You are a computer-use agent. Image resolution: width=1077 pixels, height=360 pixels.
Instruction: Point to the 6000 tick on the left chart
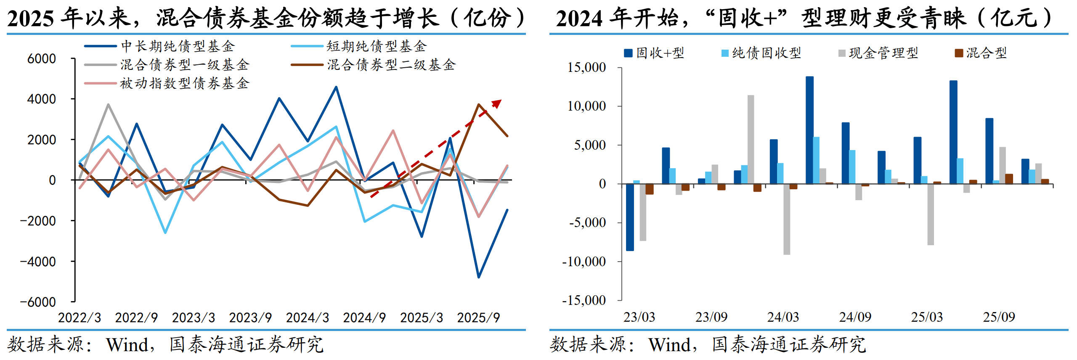pos(41,59)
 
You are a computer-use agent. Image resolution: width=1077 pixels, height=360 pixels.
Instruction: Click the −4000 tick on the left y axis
pos(38,262)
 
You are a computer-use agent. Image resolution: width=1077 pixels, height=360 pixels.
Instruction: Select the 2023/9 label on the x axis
pos(250,318)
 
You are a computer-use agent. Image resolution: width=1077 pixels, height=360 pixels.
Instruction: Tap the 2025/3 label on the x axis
pos(422,318)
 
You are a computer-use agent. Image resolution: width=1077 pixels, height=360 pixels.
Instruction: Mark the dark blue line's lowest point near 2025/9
pos(479,277)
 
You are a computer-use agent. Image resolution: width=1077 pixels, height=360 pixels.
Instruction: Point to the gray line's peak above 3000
pos(108,105)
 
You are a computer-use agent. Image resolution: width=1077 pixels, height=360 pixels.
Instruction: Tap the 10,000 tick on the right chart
pos(587,106)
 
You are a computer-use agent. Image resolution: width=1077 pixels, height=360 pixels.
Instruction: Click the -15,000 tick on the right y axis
pos(584,300)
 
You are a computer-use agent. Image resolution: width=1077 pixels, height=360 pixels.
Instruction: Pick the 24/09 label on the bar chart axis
pos(855,317)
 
